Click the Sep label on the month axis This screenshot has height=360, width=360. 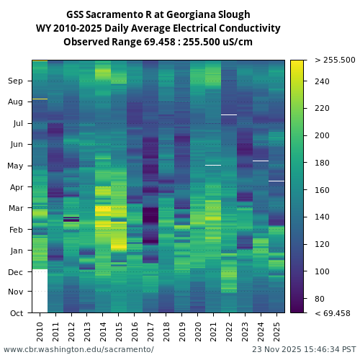16,81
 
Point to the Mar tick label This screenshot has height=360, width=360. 16,208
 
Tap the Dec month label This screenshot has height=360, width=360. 16,271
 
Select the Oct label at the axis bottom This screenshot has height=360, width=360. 16,313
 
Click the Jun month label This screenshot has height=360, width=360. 16,144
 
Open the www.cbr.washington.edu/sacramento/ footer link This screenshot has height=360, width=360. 78,349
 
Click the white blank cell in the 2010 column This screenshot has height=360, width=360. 40,291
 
